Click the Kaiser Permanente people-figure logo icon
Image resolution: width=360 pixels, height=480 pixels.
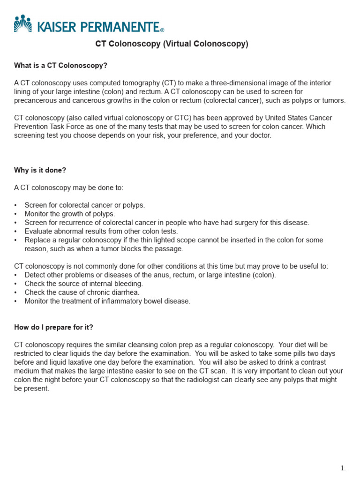click(x=22, y=23)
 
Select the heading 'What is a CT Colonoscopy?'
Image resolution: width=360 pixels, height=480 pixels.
click(x=60, y=66)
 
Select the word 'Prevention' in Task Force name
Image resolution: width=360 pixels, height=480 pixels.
click(x=30, y=127)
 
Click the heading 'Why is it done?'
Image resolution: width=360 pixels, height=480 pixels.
click(x=40, y=170)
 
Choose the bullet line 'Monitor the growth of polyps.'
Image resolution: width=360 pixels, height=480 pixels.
click(x=69, y=214)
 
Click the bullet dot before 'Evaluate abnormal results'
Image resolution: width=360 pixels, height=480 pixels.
click(x=15, y=232)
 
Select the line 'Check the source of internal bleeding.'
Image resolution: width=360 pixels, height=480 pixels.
click(x=83, y=284)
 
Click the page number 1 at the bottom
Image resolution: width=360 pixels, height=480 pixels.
click(x=343, y=468)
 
